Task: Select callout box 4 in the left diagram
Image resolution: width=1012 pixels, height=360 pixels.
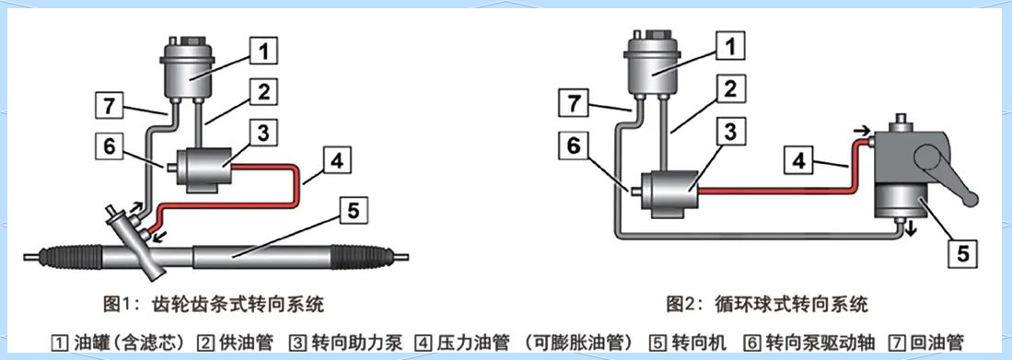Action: [x=337, y=159]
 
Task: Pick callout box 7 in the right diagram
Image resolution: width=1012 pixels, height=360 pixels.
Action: [x=574, y=102]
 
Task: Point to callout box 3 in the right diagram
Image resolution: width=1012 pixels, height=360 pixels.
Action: [x=730, y=132]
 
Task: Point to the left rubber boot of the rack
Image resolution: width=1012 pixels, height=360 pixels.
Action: [x=70, y=256]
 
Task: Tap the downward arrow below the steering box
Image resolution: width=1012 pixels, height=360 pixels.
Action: [x=911, y=228]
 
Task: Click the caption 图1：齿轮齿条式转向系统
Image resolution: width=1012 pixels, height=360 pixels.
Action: [x=214, y=303]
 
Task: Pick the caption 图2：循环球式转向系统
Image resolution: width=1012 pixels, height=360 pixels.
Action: [x=767, y=303]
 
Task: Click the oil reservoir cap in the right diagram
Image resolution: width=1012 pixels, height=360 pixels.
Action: [x=653, y=36]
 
